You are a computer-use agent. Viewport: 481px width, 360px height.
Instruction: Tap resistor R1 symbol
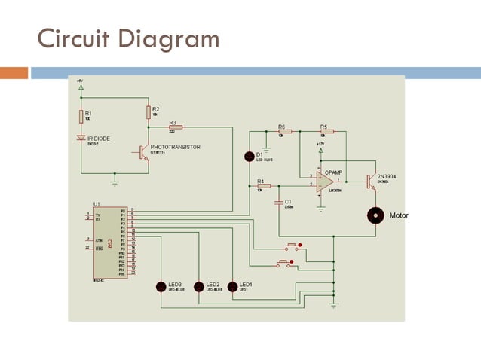pos(81,116)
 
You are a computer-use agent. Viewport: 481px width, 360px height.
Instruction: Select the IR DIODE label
pos(99,139)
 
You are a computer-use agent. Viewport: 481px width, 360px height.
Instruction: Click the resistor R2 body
pos(149,112)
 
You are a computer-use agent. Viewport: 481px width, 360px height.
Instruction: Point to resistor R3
pos(176,127)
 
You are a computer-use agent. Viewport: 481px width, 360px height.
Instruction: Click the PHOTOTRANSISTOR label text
pos(175,148)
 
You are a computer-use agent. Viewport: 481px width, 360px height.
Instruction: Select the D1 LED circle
pos(250,156)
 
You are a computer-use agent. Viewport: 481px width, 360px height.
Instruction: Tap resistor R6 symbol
pos(284,131)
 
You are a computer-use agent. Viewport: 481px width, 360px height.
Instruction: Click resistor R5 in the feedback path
pos(325,131)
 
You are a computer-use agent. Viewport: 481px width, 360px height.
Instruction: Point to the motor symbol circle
pos(375,215)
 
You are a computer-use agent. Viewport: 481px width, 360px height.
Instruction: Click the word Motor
pos(398,215)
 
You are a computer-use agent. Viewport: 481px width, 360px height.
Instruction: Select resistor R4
pos(263,185)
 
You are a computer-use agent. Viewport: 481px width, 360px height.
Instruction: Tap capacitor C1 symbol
pos(279,202)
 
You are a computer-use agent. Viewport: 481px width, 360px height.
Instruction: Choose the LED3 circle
pos(161,286)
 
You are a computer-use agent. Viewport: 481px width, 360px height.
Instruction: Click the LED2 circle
pos(199,286)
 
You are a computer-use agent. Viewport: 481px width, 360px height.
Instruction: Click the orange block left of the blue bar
pos(14,73)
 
